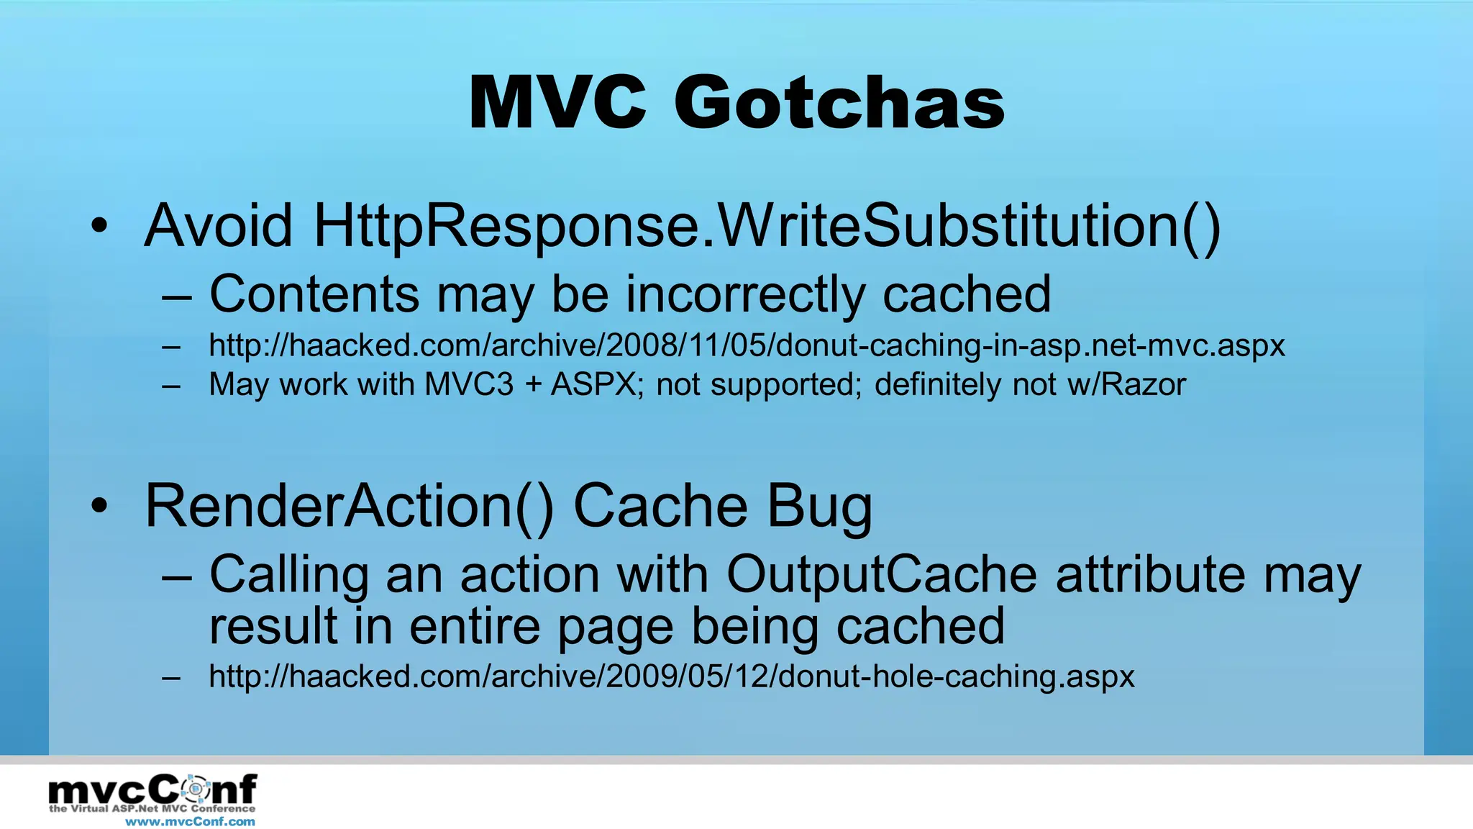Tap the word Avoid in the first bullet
(x=218, y=225)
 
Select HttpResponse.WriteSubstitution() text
(x=767, y=225)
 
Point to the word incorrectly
(x=745, y=294)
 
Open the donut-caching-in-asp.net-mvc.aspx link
(x=746, y=345)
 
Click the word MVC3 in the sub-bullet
(x=469, y=384)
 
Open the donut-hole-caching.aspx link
(x=671, y=676)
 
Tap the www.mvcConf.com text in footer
(x=190, y=822)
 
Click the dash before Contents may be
(x=176, y=296)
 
